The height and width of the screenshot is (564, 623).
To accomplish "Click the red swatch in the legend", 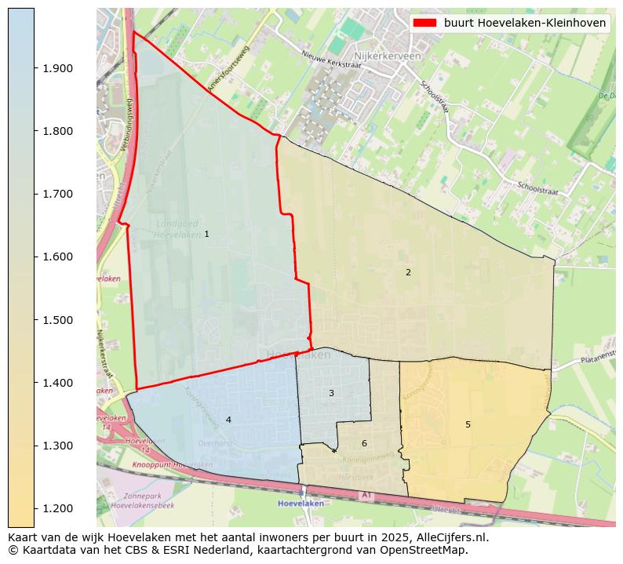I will click(x=424, y=23).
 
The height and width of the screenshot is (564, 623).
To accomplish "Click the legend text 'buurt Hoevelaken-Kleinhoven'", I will click(x=525, y=23).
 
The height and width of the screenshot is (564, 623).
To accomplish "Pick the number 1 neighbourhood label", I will click(x=206, y=234).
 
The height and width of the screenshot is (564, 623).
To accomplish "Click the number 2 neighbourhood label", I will click(x=408, y=272).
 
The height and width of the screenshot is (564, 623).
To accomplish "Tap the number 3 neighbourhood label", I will click(x=331, y=393).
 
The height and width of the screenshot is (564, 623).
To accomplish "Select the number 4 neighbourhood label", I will click(x=228, y=420).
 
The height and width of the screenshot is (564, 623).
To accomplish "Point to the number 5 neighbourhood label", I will click(x=468, y=424).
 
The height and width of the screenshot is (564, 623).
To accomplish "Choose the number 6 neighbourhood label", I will click(x=364, y=443).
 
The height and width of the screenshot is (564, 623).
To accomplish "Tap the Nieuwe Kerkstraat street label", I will click(x=331, y=60).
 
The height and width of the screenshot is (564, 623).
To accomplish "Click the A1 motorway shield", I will click(x=365, y=495).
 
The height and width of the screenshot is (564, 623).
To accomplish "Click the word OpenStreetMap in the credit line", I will click(x=428, y=550).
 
